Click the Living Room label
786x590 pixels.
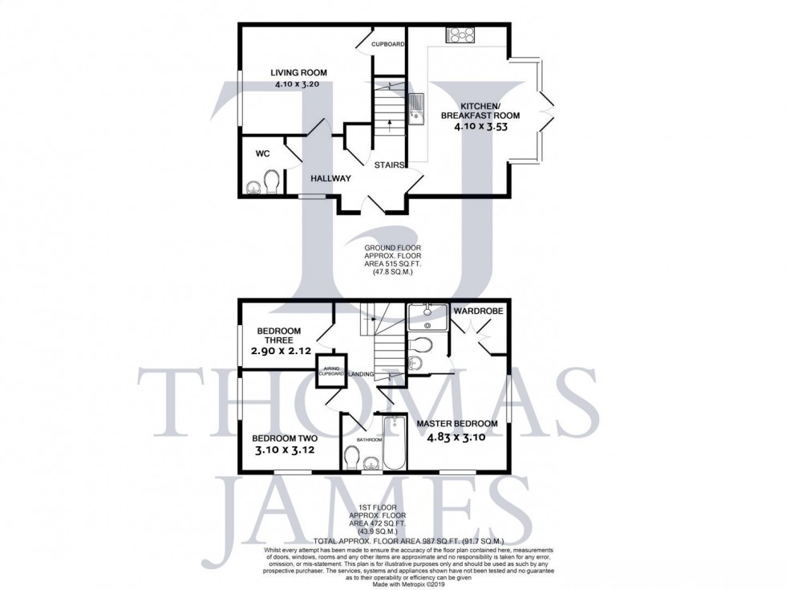click(x=298, y=73)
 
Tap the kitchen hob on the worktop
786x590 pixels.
click(x=460, y=35)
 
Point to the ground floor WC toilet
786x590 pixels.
click(x=270, y=181)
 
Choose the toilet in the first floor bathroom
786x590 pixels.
click(x=351, y=458)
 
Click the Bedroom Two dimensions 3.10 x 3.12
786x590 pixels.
click(x=286, y=452)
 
